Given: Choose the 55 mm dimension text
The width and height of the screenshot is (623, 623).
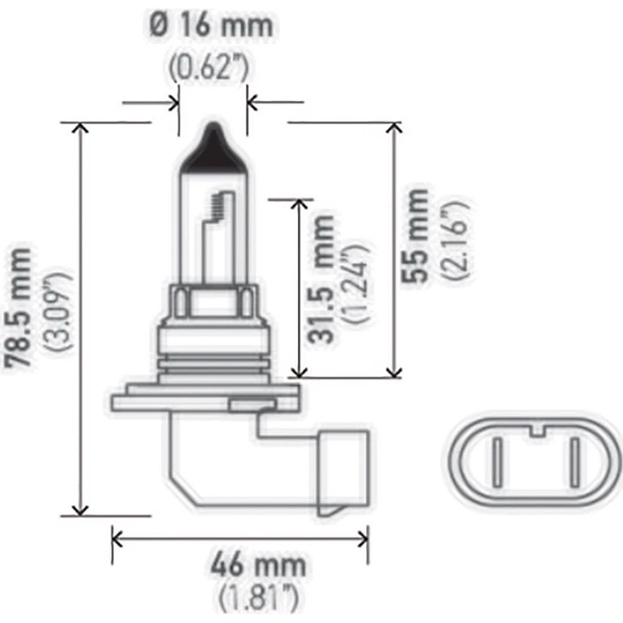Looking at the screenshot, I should coord(415,234).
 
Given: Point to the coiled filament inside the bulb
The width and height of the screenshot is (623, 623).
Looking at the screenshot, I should coord(216,206).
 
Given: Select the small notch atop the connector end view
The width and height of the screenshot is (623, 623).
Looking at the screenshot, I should coord(536,430).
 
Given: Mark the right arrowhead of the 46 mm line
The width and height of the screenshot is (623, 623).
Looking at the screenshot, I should coord(363,537).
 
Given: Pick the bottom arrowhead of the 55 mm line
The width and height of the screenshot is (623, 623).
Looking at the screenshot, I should coord(393,371).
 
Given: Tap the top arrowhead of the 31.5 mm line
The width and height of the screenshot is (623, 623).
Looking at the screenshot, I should coord(299,204).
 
